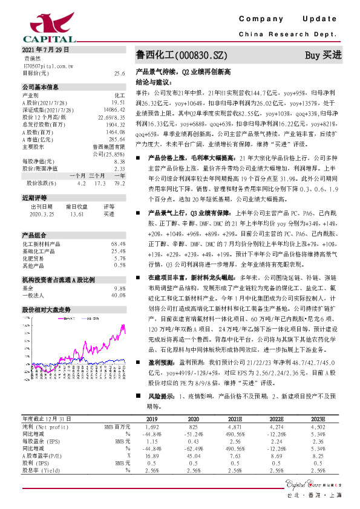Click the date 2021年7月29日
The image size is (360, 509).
click(x=38, y=50)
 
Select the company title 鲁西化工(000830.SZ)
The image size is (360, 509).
click(x=176, y=55)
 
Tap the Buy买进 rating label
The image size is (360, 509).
click(x=323, y=55)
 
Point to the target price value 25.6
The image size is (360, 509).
click(x=119, y=73)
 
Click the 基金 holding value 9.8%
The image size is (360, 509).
click(x=119, y=271)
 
